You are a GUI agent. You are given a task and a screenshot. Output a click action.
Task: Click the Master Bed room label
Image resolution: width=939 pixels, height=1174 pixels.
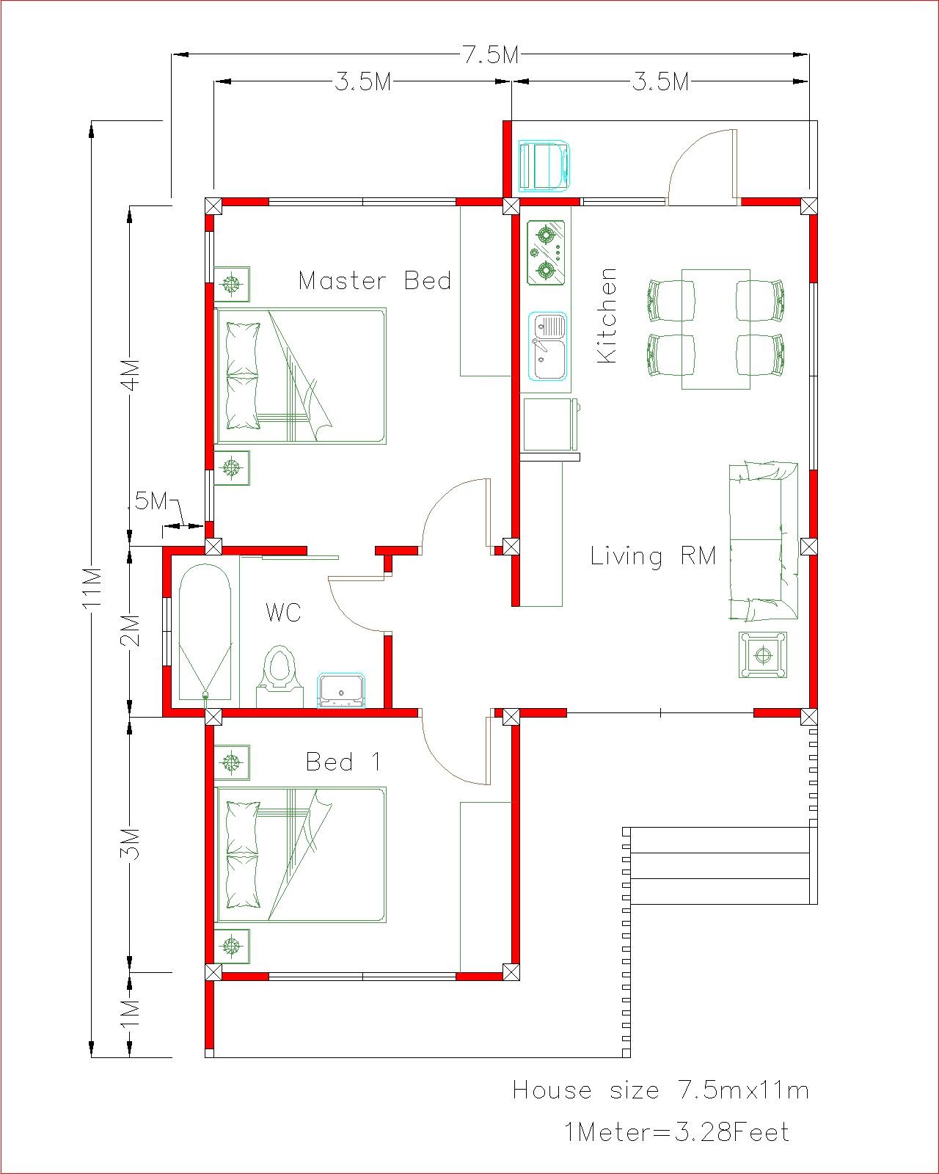[x=375, y=281]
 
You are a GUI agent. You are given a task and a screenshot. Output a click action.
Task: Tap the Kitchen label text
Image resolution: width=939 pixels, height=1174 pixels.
[x=607, y=316]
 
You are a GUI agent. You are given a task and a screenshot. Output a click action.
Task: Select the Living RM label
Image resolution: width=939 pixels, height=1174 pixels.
[x=653, y=556]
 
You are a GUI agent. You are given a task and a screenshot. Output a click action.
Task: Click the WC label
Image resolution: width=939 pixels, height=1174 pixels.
[x=283, y=612]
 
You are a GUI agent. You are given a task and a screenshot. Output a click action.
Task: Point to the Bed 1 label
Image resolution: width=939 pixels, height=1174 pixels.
[x=343, y=762]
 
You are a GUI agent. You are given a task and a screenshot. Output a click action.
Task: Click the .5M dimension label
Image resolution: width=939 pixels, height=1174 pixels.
[x=151, y=501]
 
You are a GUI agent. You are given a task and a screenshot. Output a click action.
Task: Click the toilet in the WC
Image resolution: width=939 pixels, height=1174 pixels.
[x=279, y=676]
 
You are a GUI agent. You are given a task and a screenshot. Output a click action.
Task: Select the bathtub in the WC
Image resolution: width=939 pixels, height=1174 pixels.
[x=205, y=631]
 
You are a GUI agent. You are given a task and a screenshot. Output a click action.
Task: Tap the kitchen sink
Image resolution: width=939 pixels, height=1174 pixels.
[x=548, y=346]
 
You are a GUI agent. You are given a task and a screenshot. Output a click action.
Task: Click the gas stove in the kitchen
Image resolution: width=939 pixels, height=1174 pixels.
[x=546, y=252]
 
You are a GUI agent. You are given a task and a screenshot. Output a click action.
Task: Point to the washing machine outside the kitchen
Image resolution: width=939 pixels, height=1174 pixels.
[x=544, y=167]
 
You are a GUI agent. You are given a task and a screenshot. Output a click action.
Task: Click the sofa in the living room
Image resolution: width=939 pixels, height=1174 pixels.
[x=764, y=542]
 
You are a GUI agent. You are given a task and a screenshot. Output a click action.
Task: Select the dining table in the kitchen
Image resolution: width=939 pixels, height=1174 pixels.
[x=716, y=329]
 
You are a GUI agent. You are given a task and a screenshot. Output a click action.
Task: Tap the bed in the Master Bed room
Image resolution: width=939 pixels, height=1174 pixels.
[x=301, y=376]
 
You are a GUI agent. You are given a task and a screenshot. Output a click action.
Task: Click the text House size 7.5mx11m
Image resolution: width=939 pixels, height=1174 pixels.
[x=661, y=1090]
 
